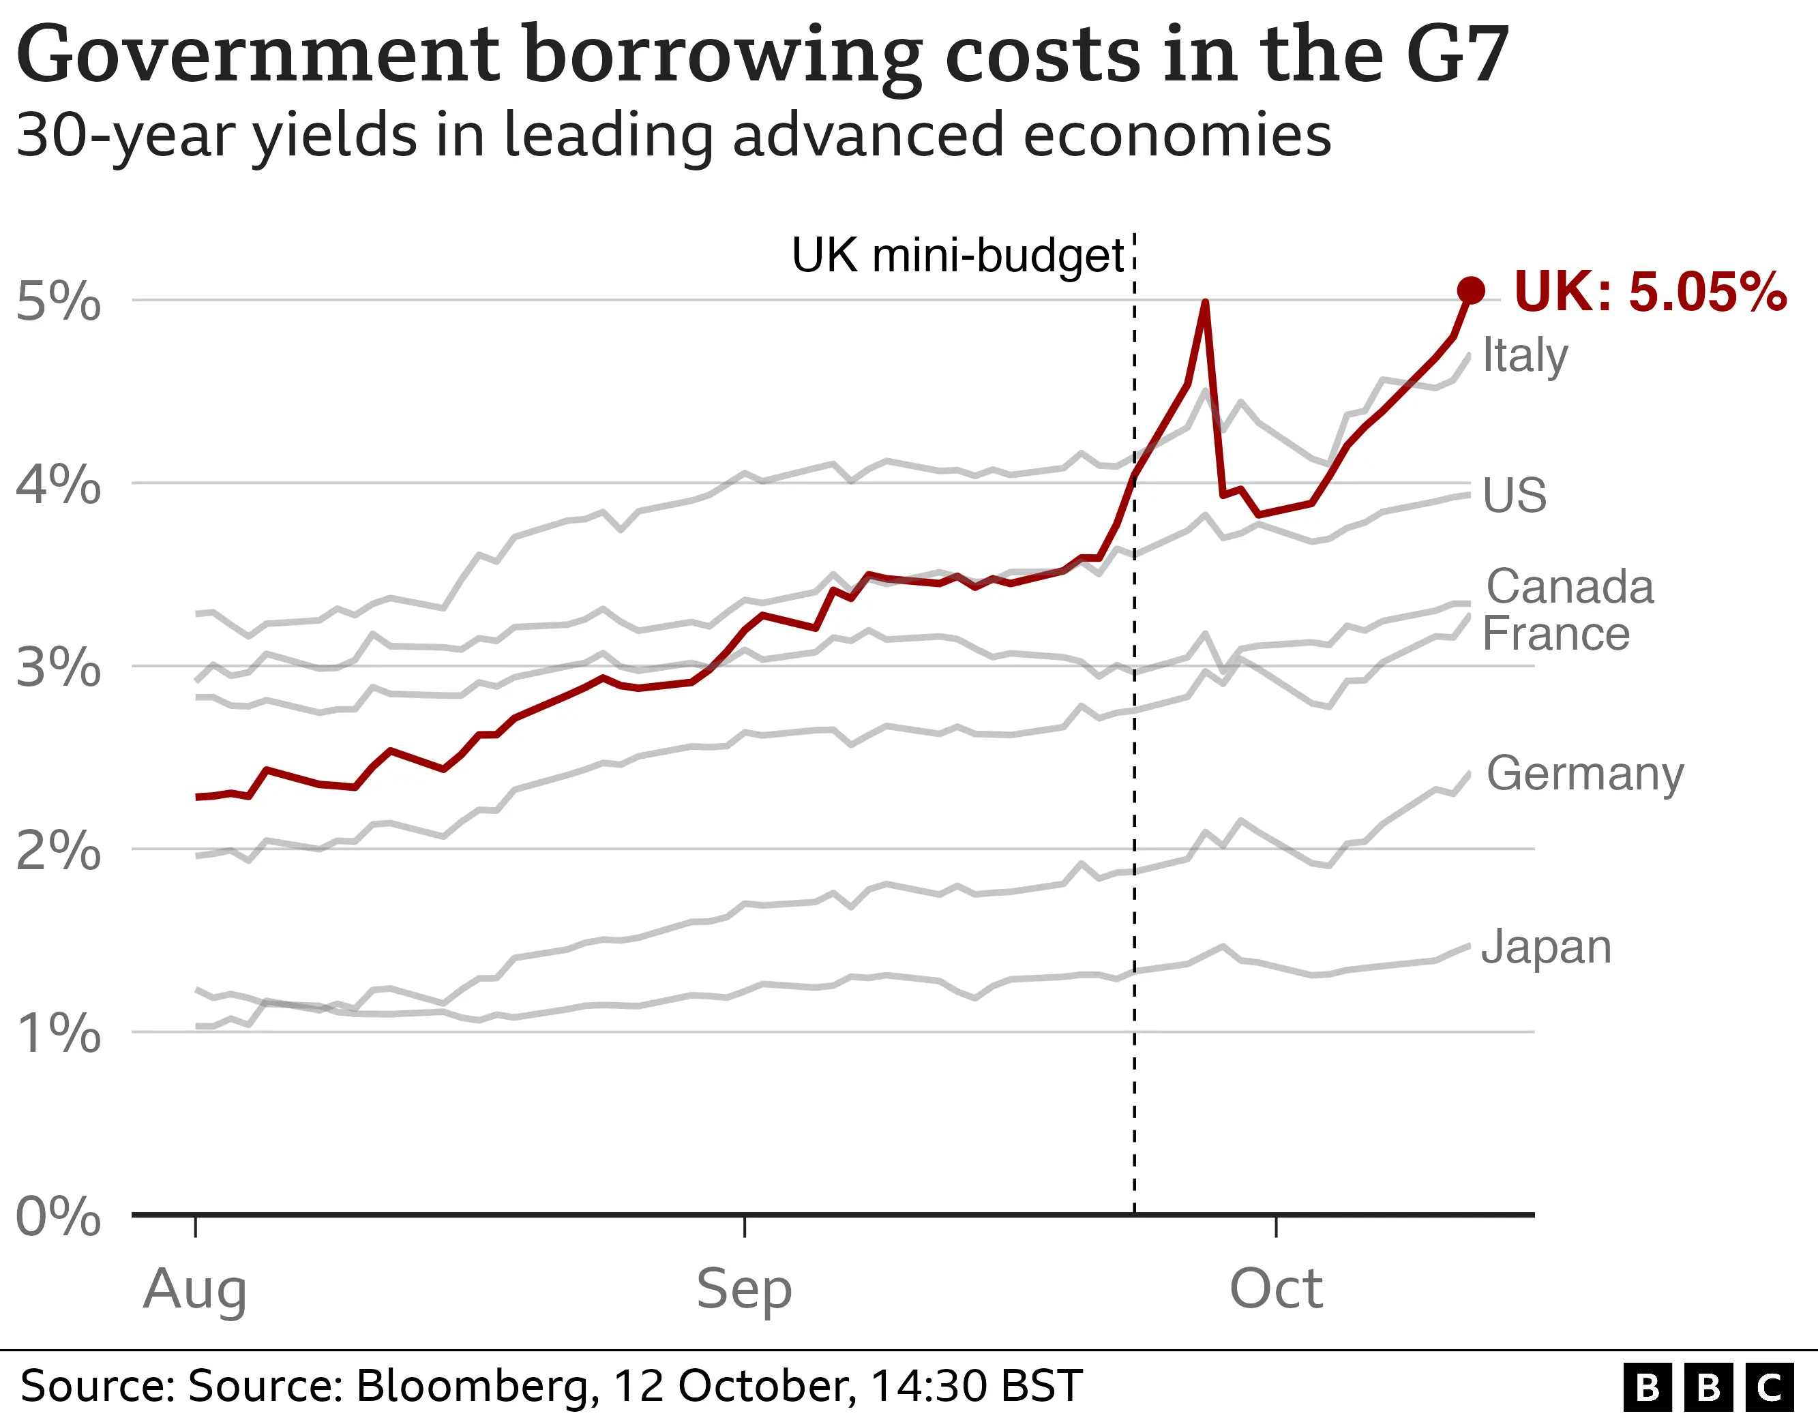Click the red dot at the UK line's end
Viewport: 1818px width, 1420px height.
[1471, 290]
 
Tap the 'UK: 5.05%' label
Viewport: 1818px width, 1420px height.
[1649, 292]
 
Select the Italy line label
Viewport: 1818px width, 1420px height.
[1525, 357]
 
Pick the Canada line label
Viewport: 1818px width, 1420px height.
[1570, 587]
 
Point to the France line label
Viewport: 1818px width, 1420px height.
[1555, 634]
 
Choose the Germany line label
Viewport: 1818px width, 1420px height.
[1585, 774]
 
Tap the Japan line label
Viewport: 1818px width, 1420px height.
[1547, 947]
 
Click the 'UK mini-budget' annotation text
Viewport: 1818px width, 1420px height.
[958, 256]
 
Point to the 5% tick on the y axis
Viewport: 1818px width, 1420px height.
[58, 301]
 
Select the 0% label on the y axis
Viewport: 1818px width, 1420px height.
[58, 1217]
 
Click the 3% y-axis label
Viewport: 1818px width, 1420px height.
[58, 667]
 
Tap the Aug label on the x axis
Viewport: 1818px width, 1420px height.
[195, 1289]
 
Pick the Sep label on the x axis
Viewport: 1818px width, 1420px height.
[744, 1289]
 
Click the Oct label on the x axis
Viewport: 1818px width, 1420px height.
[1276, 1289]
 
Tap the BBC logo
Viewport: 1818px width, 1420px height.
[1708, 1387]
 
